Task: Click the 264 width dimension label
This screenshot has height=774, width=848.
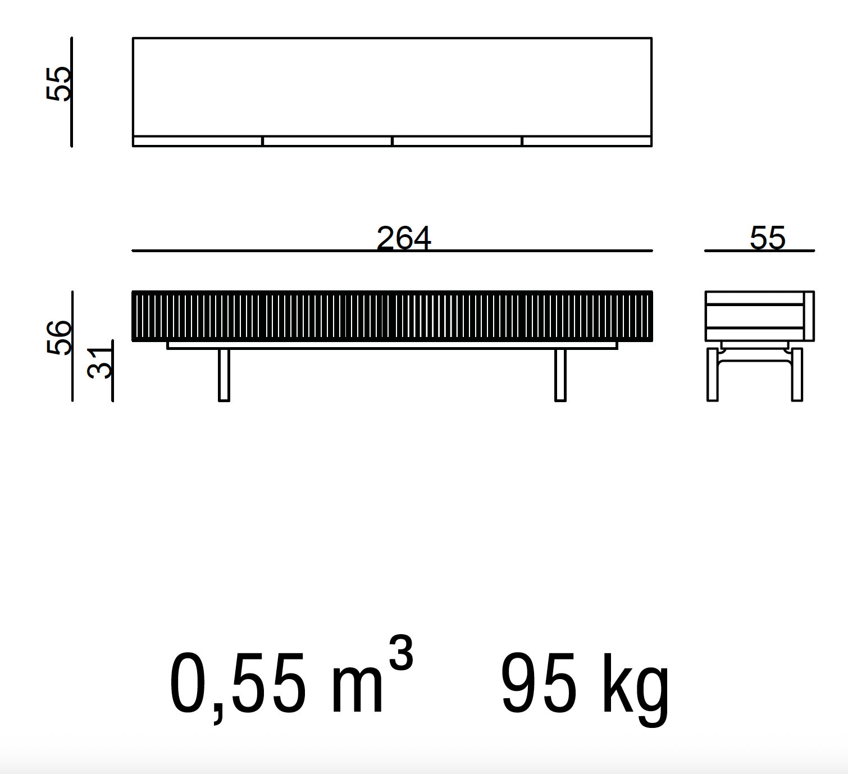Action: pyautogui.click(x=403, y=238)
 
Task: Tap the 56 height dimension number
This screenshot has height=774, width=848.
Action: pyautogui.click(x=59, y=338)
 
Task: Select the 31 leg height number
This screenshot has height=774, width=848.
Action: pyautogui.click(x=100, y=362)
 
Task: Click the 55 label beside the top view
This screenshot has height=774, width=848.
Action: pyautogui.click(x=58, y=84)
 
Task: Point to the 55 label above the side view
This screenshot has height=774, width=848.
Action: pyautogui.click(x=768, y=238)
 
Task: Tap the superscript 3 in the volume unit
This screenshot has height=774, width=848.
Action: pyautogui.click(x=400, y=653)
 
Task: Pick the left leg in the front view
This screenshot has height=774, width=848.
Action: pyautogui.click(x=224, y=375)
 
